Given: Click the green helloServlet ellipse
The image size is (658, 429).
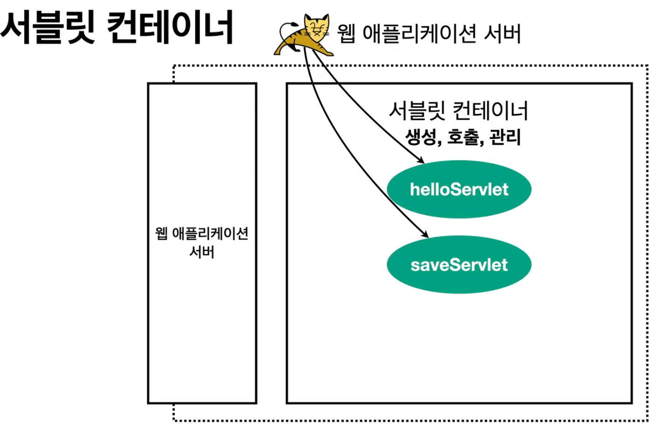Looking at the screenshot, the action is tap(459, 189).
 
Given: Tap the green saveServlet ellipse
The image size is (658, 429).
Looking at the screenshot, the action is tap(459, 265).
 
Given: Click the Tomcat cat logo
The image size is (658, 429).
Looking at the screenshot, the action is tap(305, 35).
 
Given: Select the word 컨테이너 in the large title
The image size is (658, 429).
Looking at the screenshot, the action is tap(170, 27).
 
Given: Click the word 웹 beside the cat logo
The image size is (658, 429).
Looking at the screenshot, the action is tap(347, 34).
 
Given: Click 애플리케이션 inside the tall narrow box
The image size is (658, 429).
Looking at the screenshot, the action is tap(210, 233).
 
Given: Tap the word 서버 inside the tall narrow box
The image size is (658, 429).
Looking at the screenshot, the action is tap(202, 252).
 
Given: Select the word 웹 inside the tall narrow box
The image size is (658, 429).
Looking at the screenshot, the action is tap(161, 233).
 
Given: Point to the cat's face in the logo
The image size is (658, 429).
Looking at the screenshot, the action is tap(317, 28).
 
